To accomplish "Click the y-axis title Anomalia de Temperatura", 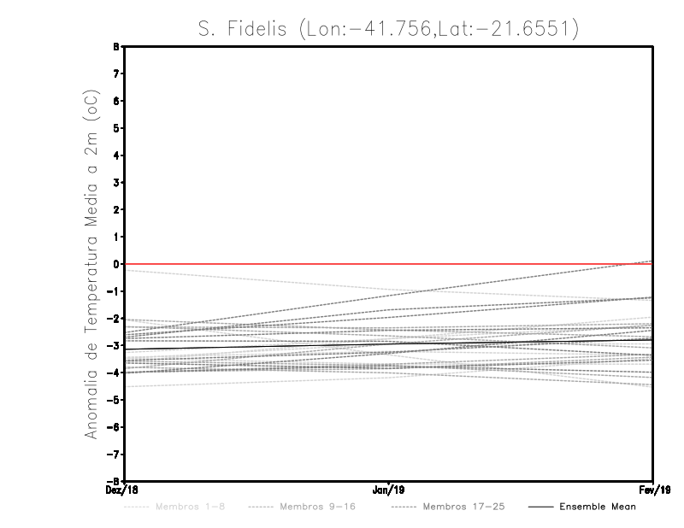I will pos(91,264).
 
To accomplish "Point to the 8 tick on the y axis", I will pos(120,47).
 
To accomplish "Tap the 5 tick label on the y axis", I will pos(120,128).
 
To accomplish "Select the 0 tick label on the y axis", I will pos(120,264).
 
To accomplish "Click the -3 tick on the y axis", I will pos(118,345).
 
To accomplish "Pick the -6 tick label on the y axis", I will pos(118,426).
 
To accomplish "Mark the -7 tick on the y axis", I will pos(118,454).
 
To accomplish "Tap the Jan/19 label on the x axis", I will pos(389,490).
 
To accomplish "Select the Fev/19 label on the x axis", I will pos(653,490).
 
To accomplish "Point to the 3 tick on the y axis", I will pos(120,183).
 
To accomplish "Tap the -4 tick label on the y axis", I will pos(118,373).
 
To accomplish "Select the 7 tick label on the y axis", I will pos(120,74).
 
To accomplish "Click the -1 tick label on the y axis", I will pos(118,291).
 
